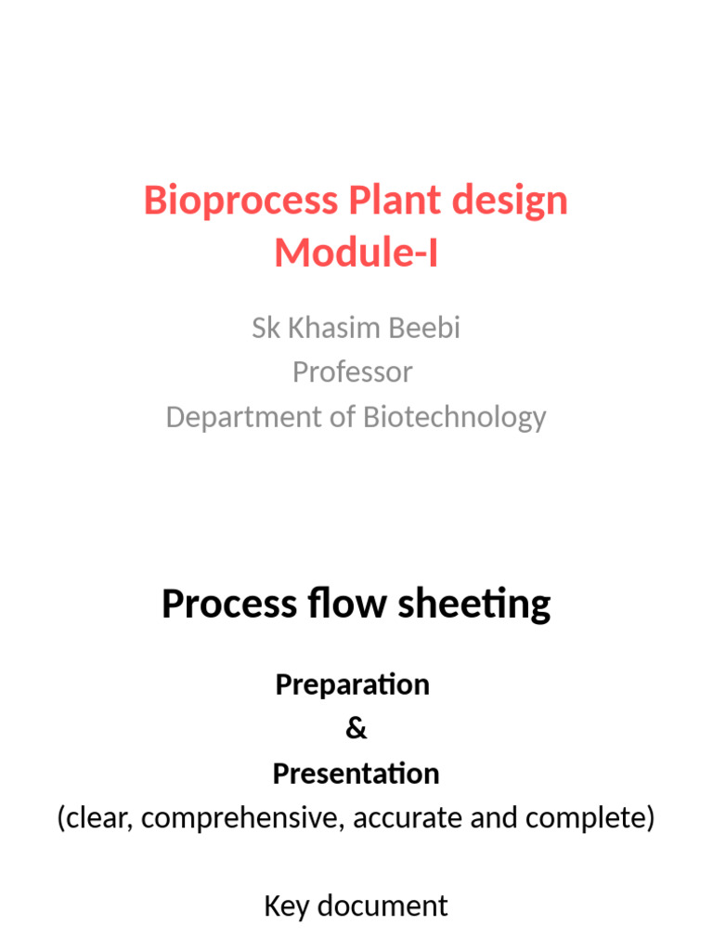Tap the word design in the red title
pyautogui.click(x=512, y=201)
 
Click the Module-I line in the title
pyautogui.click(x=356, y=253)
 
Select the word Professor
pyautogui.click(x=353, y=372)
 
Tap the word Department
pyautogui.click(x=241, y=417)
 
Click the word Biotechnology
pyautogui.click(x=455, y=417)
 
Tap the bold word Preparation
pyautogui.click(x=352, y=684)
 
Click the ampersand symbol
pyautogui.click(x=356, y=729)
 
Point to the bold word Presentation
pyautogui.click(x=356, y=774)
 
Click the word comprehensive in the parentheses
pyautogui.click(x=243, y=818)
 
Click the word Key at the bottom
pyautogui.click(x=286, y=905)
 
